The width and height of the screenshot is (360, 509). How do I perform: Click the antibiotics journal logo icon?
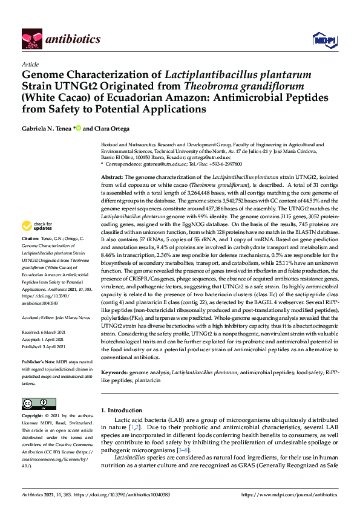[x=31, y=39]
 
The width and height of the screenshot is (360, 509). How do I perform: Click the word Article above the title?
[x=30, y=64]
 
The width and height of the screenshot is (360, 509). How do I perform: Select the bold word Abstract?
[x=112, y=174]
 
